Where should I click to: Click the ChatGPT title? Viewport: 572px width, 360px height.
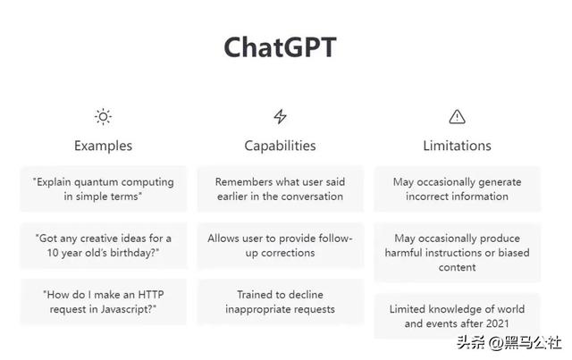coord(280,47)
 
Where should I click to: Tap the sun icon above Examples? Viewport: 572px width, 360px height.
coord(104,117)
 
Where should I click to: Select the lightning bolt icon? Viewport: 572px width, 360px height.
coord(280,117)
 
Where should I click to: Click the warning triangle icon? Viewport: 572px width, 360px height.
coord(457,117)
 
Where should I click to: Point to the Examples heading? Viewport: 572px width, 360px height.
coord(104,146)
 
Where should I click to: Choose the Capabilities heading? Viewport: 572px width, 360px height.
coord(280,146)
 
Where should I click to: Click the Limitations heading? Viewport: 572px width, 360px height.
coord(457,146)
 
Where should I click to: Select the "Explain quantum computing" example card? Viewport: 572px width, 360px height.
coord(104,189)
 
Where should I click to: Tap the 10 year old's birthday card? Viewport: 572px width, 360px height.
coord(104,246)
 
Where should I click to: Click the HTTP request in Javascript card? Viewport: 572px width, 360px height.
coord(104,302)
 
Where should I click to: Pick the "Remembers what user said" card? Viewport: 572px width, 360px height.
coord(280,189)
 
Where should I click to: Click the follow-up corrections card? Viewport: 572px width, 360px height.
coord(280,246)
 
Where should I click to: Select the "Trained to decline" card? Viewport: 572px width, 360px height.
coord(280,302)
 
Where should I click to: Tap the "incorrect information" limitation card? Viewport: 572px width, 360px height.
coord(457,189)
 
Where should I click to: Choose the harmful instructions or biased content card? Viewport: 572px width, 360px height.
coord(457,253)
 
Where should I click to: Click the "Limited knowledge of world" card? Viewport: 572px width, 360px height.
coord(457,316)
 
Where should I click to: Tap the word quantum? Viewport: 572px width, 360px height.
coord(96,182)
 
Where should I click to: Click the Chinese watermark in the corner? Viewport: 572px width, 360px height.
coord(509,343)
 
